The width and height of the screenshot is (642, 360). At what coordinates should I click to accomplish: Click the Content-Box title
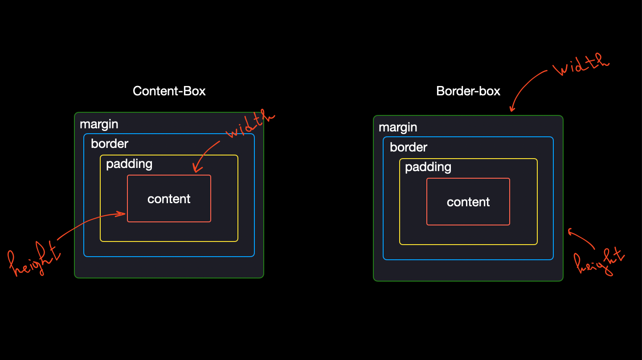169,91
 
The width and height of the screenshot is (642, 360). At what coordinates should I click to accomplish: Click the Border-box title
468,91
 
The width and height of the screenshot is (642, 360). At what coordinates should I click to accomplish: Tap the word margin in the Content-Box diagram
99,124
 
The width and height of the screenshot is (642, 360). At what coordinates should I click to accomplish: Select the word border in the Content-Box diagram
110,143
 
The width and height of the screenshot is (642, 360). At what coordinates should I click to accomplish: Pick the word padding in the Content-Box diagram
129,164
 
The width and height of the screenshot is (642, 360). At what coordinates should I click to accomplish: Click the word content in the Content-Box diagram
169,199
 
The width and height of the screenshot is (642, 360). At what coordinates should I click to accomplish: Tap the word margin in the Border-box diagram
398,127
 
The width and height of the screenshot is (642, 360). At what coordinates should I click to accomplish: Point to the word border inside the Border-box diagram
409,147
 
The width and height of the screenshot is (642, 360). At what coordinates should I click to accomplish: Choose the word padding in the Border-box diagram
428,168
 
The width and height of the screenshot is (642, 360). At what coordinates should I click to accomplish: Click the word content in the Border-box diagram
468,202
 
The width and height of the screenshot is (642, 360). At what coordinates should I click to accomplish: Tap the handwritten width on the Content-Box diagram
250,124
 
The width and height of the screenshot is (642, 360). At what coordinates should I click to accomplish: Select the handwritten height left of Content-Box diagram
34,259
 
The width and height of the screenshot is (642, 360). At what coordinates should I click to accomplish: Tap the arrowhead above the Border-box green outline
512,109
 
